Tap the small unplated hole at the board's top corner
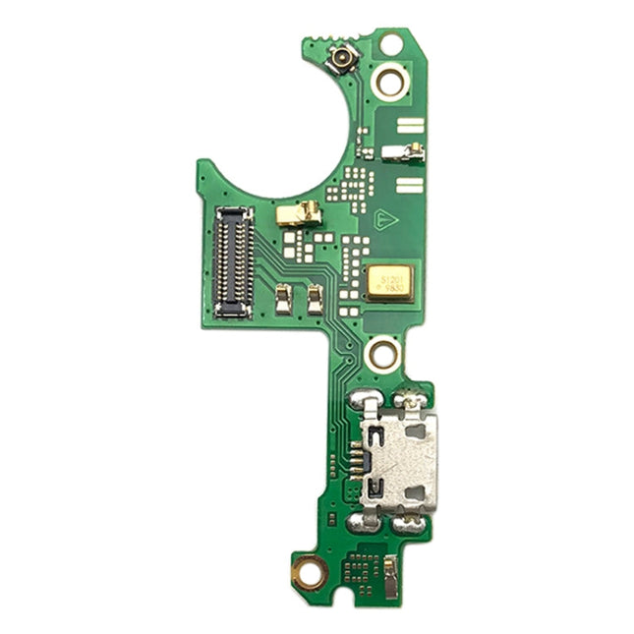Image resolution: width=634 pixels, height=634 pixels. click(391, 44)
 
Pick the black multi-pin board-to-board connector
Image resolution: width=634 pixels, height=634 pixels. click(233, 261)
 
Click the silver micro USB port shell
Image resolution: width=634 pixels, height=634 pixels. click(397, 457)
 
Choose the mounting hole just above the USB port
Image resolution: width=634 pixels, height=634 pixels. click(381, 352)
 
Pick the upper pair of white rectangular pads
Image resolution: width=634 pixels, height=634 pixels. click(410, 126)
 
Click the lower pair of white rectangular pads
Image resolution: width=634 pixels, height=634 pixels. click(410, 185)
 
